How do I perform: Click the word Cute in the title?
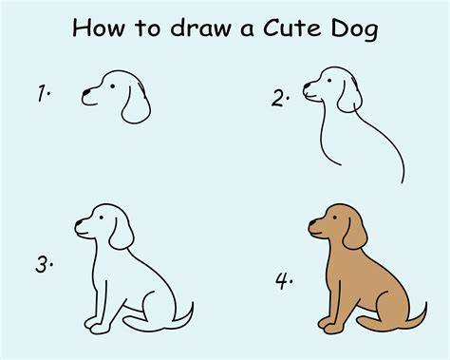(292, 28)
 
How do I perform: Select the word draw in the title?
(201, 28)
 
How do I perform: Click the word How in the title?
(99, 28)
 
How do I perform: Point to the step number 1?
(44, 93)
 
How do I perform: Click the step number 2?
(280, 99)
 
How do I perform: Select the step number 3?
(44, 264)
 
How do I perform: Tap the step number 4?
(284, 281)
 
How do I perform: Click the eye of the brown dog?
(334, 218)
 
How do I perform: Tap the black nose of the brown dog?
(312, 222)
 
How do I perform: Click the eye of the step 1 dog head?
(112, 85)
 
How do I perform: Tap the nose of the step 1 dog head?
(86, 92)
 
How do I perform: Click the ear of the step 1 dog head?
(136, 104)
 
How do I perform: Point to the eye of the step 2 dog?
(329, 81)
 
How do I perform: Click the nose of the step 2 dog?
(307, 85)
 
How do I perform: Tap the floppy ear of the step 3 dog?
(122, 234)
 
